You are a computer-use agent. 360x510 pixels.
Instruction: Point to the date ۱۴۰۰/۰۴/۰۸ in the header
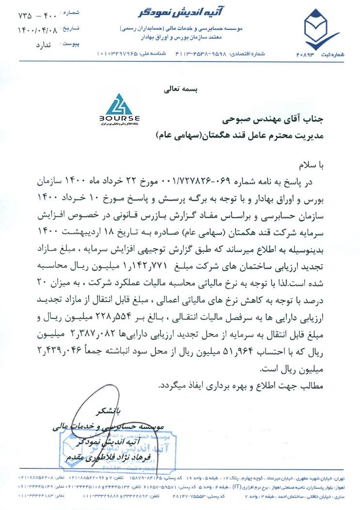pyautogui.click(x=32, y=30)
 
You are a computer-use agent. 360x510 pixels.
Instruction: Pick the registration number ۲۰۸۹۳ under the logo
pyautogui.click(x=309, y=54)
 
